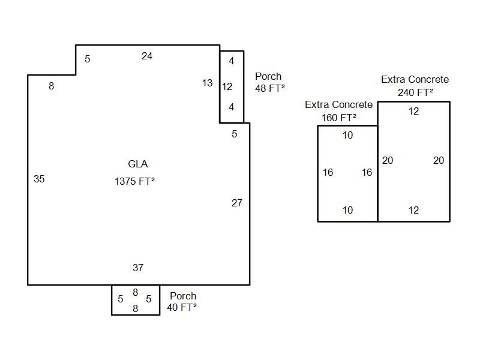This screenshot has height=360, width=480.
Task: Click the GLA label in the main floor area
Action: click(138, 164)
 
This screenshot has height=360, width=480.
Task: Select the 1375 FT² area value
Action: click(135, 181)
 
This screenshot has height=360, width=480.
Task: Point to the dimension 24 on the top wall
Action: click(147, 56)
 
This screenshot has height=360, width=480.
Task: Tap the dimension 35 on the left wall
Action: click(39, 179)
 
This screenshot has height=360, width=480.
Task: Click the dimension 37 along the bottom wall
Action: click(138, 268)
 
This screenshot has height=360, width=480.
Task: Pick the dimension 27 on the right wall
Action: click(237, 203)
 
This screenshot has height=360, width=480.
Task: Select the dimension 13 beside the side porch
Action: click(207, 83)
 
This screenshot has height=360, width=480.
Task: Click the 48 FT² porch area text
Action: click(269, 88)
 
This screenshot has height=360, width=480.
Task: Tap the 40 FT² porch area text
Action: click(182, 307)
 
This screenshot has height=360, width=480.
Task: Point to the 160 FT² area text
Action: click(339, 118)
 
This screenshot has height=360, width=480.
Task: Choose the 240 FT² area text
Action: click(415, 92)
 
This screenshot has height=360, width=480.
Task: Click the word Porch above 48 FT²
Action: click(268, 77)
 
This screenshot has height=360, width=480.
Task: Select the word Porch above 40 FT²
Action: click(183, 296)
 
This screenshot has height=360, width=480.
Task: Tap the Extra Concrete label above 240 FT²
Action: click(415, 79)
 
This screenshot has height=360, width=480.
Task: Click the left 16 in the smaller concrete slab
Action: click(328, 173)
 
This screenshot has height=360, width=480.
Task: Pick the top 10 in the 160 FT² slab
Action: click(348, 136)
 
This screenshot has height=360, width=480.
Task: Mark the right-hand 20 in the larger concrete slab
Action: click(439, 160)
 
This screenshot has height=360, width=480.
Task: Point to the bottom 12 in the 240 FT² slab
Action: click(413, 210)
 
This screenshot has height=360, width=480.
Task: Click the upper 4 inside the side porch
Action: click(232, 61)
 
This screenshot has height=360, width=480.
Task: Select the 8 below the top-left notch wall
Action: click(52, 86)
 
